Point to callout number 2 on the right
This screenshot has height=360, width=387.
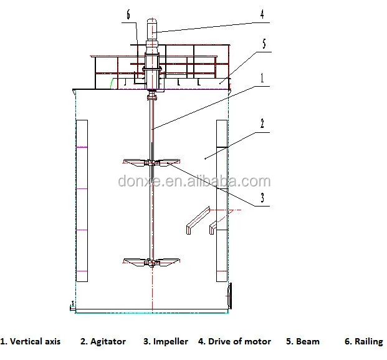(262, 124)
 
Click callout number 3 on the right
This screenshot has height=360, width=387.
(262, 199)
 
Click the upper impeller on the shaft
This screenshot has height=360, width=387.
(151, 163)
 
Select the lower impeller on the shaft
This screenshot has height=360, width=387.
(151, 261)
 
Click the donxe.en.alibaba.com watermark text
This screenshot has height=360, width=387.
(194, 182)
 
